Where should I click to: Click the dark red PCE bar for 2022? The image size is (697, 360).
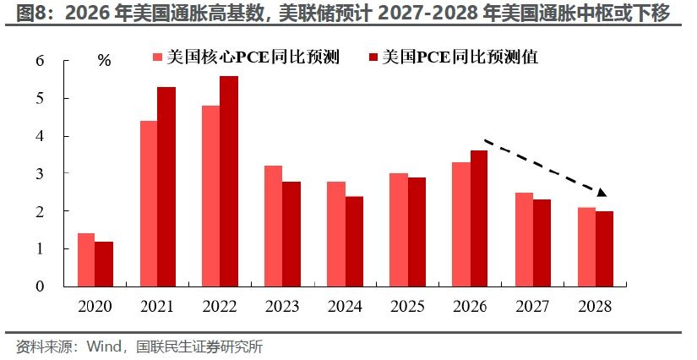pyautogui.click(x=229, y=182)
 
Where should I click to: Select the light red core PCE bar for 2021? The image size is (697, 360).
pyautogui.click(x=149, y=204)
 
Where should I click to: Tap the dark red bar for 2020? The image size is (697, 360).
pyautogui.click(x=104, y=264)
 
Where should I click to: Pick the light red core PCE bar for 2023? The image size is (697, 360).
pyautogui.click(x=274, y=226)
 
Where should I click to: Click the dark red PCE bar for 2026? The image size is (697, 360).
pyautogui.click(x=479, y=219)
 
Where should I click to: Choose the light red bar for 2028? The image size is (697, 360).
pyautogui.click(x=587, y=247)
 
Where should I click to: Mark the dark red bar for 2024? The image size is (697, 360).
pyautogui.click(x=354, y=242)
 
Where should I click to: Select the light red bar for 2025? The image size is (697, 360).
pyautogui.click(x=399, y=230)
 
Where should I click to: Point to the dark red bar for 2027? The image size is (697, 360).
pyautogui.click(x=542, y=243)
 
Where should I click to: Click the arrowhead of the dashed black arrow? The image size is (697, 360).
pyautogui.click(x=602, y=193)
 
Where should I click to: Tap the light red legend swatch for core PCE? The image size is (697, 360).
pyautogui.click(x=157, y=57)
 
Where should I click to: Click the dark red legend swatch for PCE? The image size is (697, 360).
pyautogui.click(x=373, y=57)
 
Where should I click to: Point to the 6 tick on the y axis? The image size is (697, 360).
pyautogui.click(x=65, y=61)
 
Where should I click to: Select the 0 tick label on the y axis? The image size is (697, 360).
pyautogui.click(x=41, y=286)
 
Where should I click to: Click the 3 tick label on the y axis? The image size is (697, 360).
pyautogui.click(x=41, y=173)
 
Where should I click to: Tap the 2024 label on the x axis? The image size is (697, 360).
pyautogui.click(x=345, y=306)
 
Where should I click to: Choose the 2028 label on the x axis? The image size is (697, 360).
pyautogui.click(x=596, y=306)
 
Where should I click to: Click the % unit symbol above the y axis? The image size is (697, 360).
pyautogui.click(x=104, y=60)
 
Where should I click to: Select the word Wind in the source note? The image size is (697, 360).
pyautogui.click(x=104, y=346)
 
